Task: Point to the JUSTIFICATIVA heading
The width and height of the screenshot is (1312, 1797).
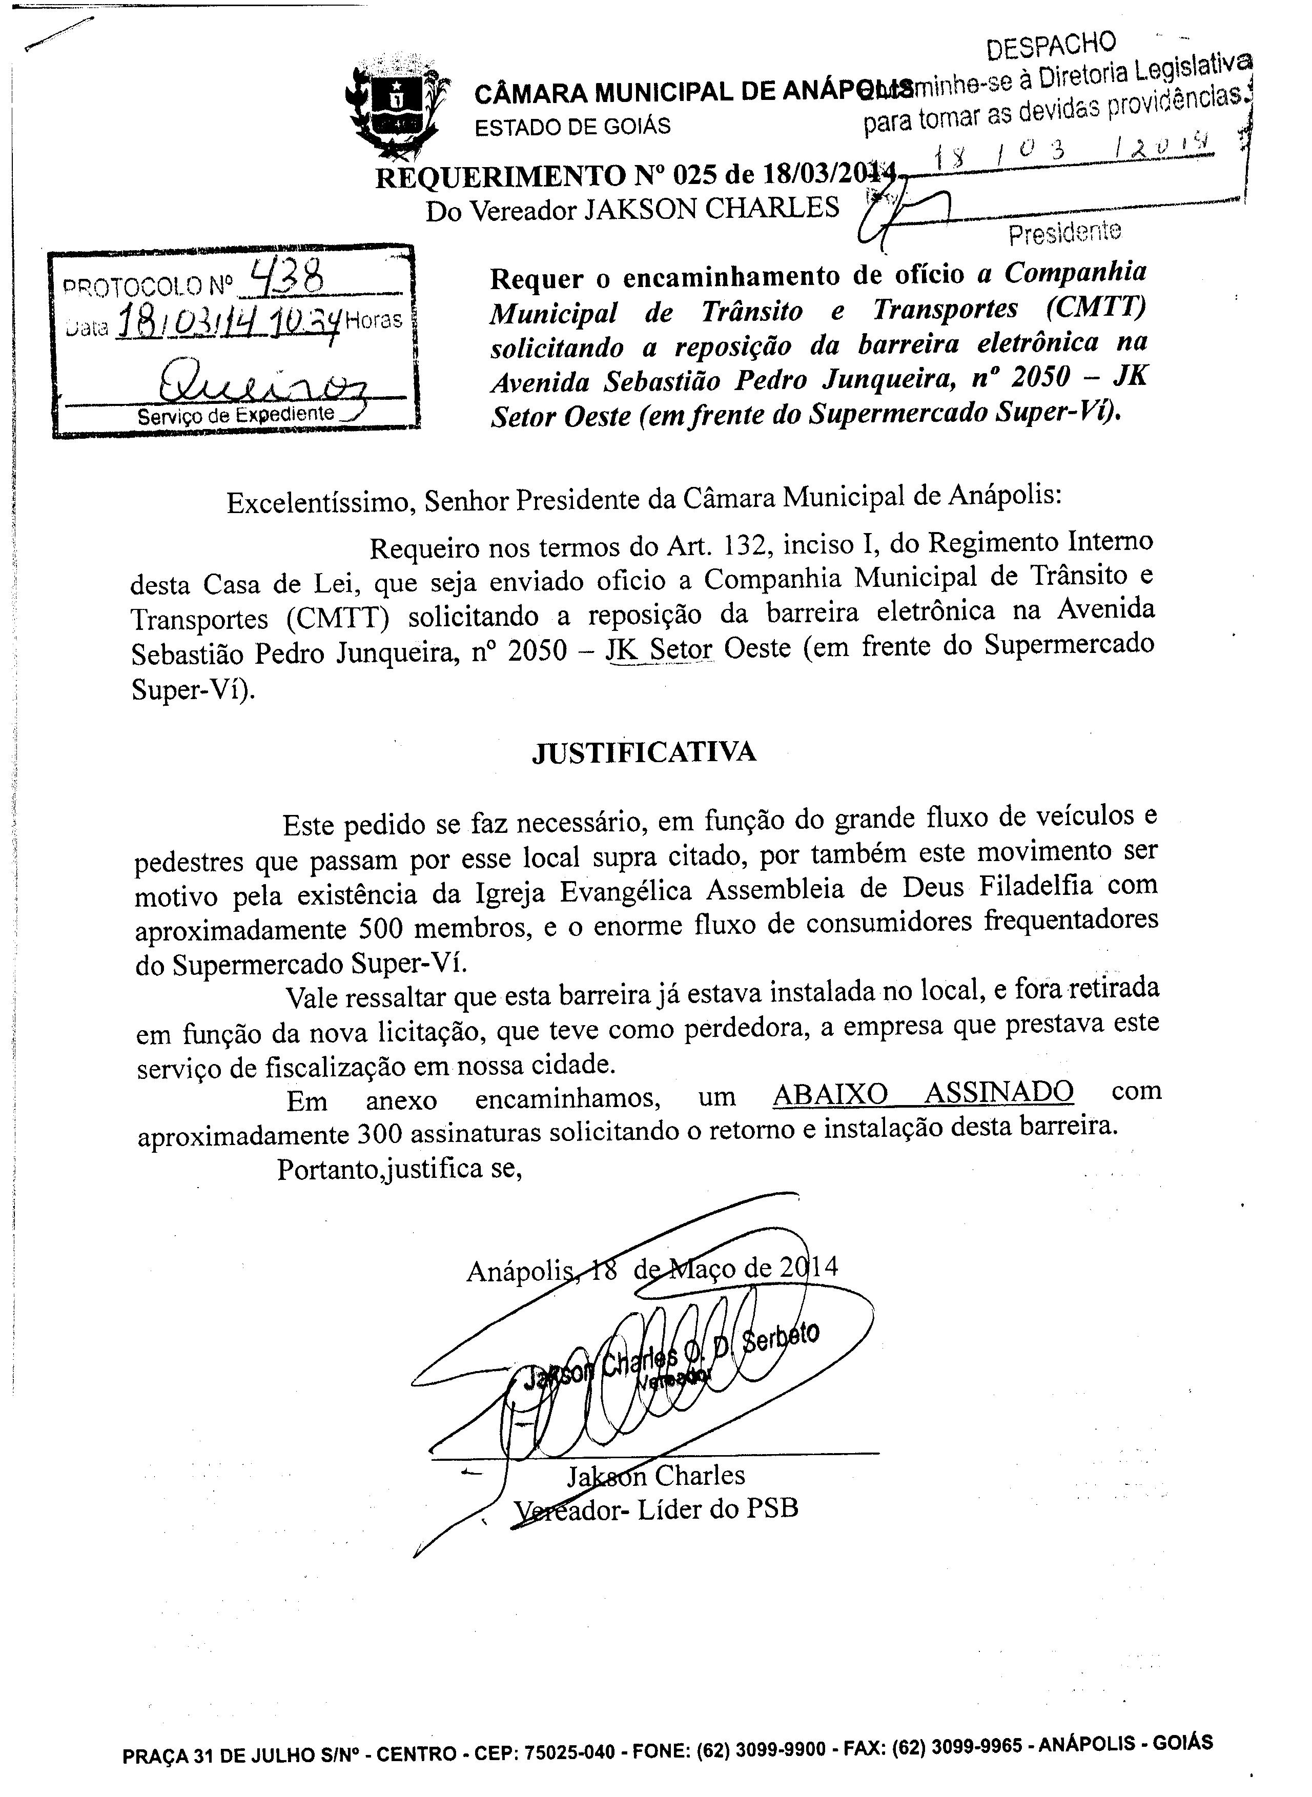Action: (643, 751)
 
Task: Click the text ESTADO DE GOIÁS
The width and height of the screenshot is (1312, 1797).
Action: (572, 126)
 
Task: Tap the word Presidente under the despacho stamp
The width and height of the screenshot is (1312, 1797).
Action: (1064, 232)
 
